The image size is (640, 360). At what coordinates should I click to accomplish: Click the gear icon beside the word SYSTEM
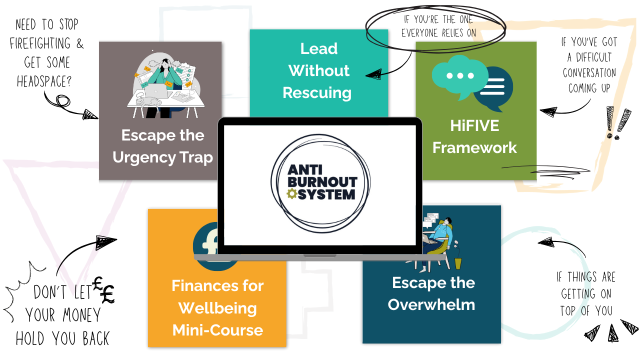pos(291,194)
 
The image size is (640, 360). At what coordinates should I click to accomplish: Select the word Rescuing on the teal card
pos(317,92)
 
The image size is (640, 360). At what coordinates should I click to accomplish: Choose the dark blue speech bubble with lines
pos(493,89)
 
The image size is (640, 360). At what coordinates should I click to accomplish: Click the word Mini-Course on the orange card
pos(218,330)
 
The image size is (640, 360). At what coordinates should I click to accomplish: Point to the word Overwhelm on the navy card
pos(431,304)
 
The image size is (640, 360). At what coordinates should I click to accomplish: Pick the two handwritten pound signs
pos(104,290)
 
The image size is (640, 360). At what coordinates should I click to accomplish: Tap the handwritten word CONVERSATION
pos(589,73)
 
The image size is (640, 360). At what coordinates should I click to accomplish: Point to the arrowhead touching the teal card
pos(372,74)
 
